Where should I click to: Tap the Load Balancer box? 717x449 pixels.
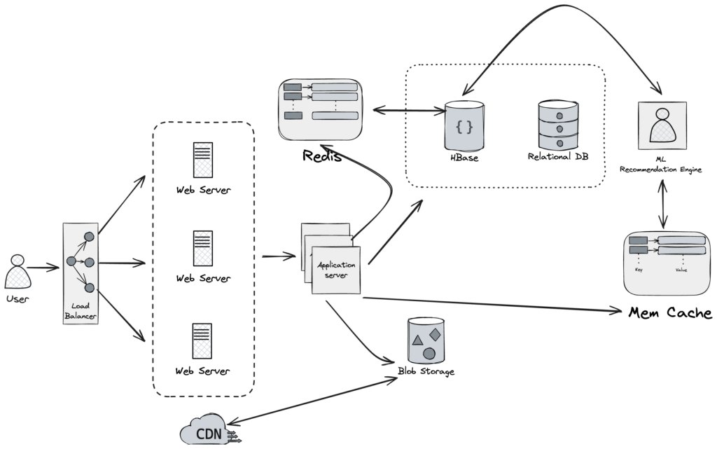click(80, 274)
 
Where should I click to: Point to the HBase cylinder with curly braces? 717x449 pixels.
click(464, 127)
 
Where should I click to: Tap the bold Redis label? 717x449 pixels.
click(321, 156)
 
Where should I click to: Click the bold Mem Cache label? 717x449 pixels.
click(670, 312)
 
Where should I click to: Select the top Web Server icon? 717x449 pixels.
click(203, 160)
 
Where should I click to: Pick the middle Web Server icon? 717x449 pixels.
click(203, 248)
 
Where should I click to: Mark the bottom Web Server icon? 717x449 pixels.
click(203, 340)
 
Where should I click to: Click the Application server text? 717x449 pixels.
click(336, 270)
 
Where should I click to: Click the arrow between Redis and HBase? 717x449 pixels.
click(408, 110)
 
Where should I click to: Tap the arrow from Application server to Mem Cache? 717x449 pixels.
click(490, 304)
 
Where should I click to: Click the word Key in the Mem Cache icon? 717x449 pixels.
click(639, 268)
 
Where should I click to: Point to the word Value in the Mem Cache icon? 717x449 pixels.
click(681, 268)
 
